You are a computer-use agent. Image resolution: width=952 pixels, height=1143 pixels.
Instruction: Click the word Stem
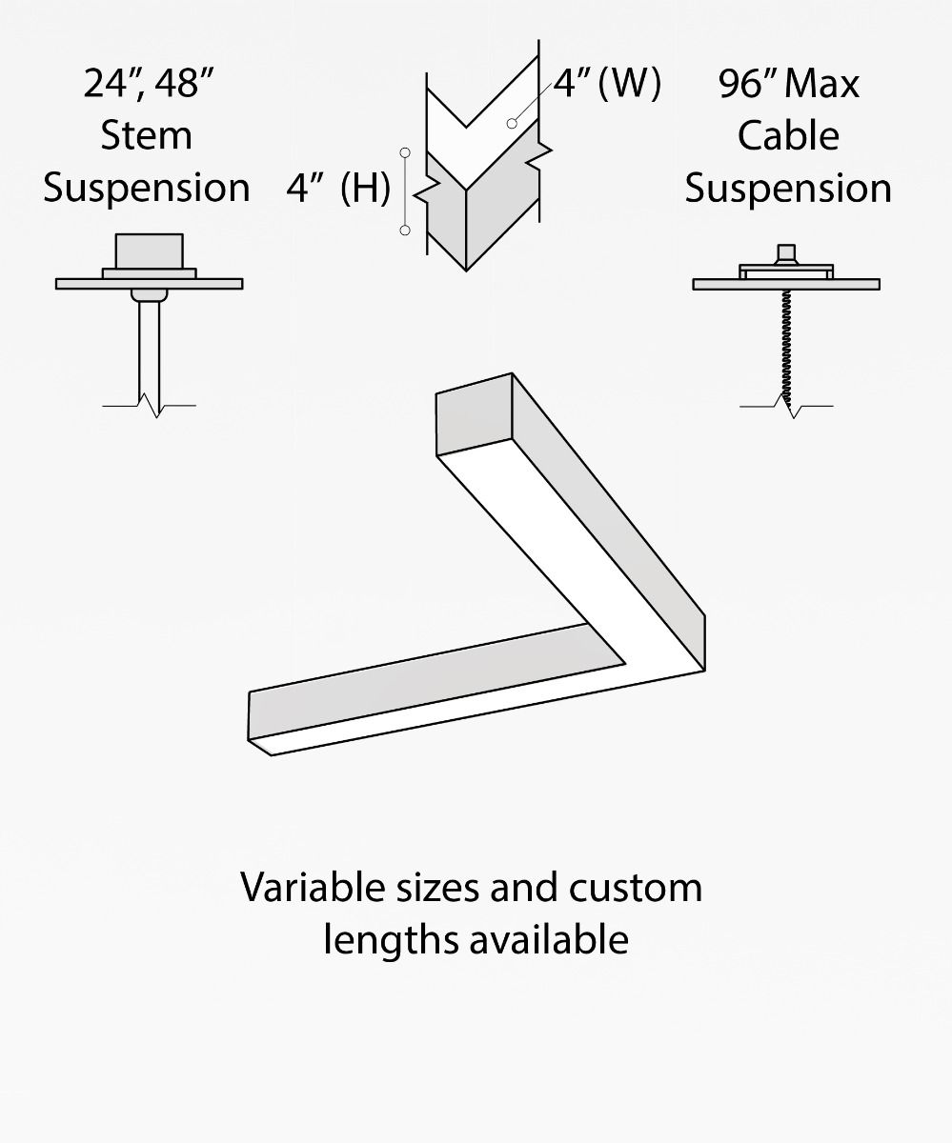[146, 135]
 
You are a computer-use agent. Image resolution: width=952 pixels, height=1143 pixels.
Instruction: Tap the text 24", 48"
[147, 84]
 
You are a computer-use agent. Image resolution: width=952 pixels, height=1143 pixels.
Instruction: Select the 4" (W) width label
[606, 84]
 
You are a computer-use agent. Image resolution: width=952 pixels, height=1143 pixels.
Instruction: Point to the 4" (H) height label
[338, 189]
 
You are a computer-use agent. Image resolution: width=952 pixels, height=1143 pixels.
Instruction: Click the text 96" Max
[788, 84]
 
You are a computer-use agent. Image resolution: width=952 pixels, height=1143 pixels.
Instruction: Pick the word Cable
[788, 135]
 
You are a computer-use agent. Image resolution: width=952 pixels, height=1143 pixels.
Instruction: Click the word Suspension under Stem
[146, 188]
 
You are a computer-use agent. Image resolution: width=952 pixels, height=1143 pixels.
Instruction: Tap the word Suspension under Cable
[788, 188]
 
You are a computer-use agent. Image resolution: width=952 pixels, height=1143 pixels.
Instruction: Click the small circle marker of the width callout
[513, 123]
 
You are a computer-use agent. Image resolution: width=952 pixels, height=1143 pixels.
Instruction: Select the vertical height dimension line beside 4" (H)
[406, 190]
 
